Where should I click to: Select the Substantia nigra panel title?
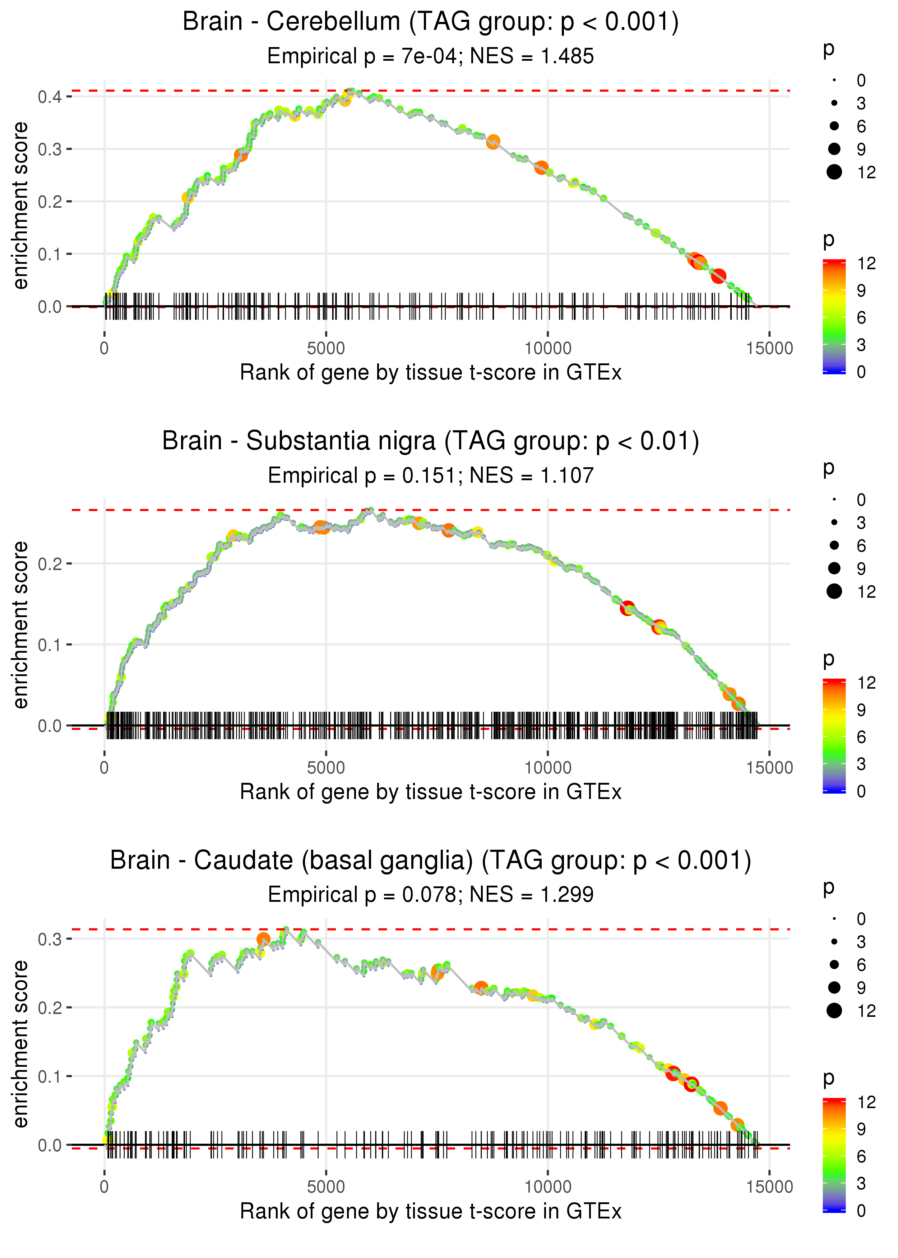coord(430,441)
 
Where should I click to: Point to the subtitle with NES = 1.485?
coord(430,56)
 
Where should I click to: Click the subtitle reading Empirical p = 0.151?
coord(430,476)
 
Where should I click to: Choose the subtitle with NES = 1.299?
coord(430,895)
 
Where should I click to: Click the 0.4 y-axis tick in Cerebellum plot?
coord(50,97)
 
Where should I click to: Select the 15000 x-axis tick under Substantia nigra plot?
coord(769,767)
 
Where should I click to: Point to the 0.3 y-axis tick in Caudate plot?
coord(50,939)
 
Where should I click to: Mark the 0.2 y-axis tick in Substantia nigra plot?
coord(50,564)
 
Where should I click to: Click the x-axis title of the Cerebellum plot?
coord(430,373)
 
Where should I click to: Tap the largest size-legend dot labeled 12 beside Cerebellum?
coord(834,172)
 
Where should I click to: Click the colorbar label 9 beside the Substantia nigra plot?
coord(861,710)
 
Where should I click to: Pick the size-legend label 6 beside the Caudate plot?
coord(861,965)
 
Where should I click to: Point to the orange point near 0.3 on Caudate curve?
coord(263,939)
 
